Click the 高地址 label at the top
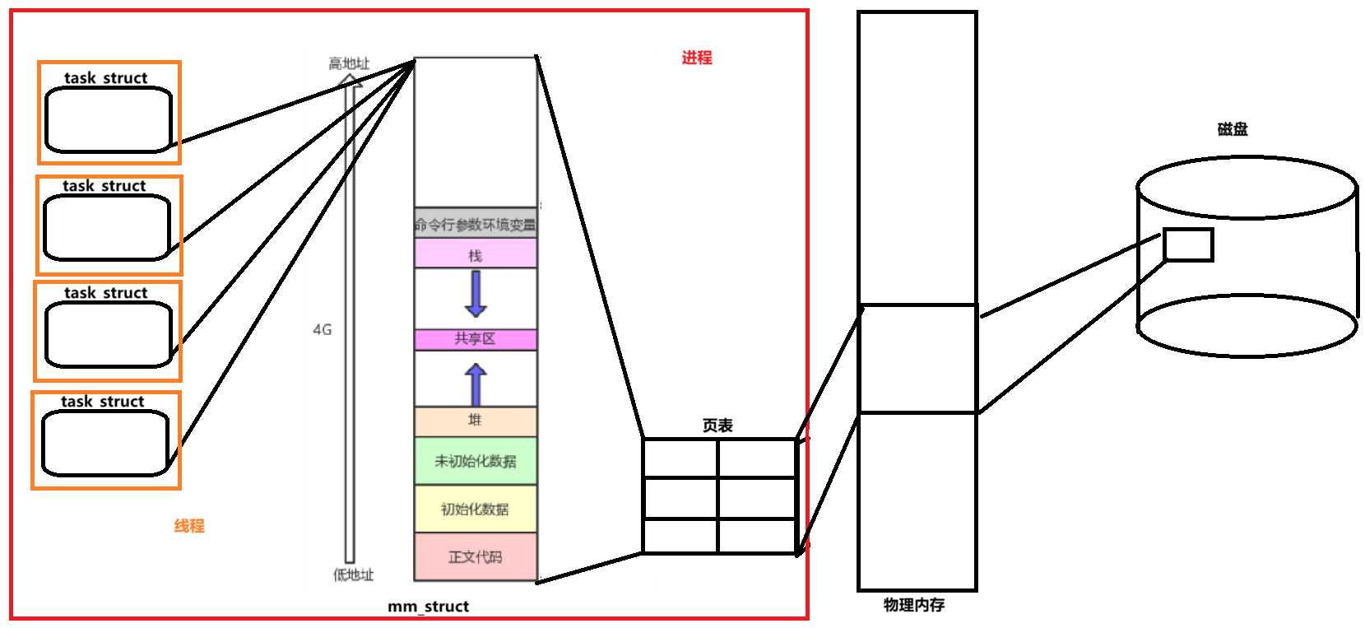click(x=349, y=63)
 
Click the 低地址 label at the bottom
click(x=353, y=575)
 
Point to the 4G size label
click(x=322, y=329)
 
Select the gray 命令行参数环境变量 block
click(x=476, y=224)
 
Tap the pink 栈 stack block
click(x=476, y=254)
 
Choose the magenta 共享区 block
click(x=476, y=339)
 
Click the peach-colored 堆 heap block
click(x=476, y=421)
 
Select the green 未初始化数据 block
click(x=476, y=461)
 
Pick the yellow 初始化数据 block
click(x=476, y=509)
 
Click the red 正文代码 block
click(x=476, y=556)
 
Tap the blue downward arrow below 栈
click(x=476, y=294)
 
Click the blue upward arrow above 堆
click(x=476, y=383)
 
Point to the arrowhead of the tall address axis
click(x=351, y=80)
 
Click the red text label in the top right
click(x=697, y=58)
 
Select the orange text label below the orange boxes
click(x=189, y=525)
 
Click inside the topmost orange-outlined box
click(x=109, y=113)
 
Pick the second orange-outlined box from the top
click(x=109, y=226)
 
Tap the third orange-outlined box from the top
click(x=108, y=332)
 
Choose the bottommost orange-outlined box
click(x=106, y=440)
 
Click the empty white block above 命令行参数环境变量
click(x=476, y=132)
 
